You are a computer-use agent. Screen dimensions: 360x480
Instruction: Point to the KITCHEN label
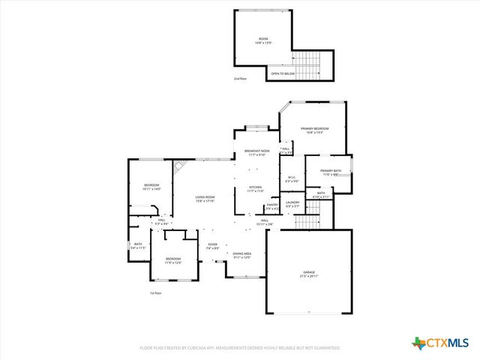tap(256, 188)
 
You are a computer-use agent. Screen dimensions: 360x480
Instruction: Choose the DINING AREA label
tap(241, 255)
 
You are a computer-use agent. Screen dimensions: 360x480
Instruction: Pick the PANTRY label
tap(272, 205)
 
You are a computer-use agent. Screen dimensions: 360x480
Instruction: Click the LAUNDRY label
tap(292, 203)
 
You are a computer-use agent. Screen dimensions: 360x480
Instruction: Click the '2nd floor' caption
tap(240, 79)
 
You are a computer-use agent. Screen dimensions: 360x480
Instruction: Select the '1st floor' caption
tap(155, 293)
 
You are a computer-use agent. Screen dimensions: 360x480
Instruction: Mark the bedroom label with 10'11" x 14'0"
tap(152, 187)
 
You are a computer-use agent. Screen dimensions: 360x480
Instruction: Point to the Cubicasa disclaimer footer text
tap(240, 348)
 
